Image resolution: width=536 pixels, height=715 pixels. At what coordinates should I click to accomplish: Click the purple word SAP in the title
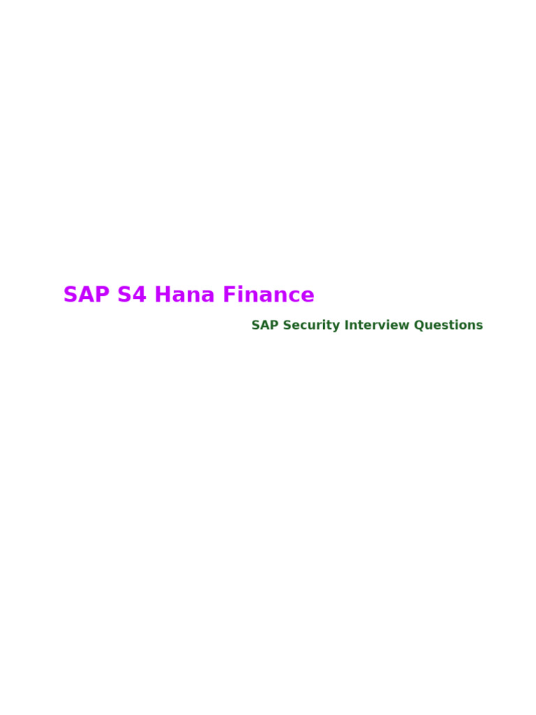(x=87, y=295)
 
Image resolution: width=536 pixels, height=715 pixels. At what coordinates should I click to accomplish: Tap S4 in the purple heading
(x=132, y=295)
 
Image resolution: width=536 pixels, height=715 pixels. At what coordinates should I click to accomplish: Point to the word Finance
(x=269, y=295)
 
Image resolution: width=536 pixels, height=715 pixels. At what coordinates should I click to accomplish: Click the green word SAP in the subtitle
(x=265, y=325)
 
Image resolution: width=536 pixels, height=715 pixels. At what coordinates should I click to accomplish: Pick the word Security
(x=311, y=325)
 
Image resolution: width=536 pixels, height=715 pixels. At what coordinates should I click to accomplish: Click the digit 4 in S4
(x=140, y=295)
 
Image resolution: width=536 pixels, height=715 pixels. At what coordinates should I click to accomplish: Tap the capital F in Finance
(x=229, y=295)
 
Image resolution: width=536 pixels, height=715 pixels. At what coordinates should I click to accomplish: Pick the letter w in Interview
(x=404, y=326)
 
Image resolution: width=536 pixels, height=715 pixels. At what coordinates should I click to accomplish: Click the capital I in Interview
(x=346, y=325)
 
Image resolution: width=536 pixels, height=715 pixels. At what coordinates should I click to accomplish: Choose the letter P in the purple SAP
(x=102, y=295)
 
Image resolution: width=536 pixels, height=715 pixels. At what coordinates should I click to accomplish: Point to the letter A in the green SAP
(x=265, y=325)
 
